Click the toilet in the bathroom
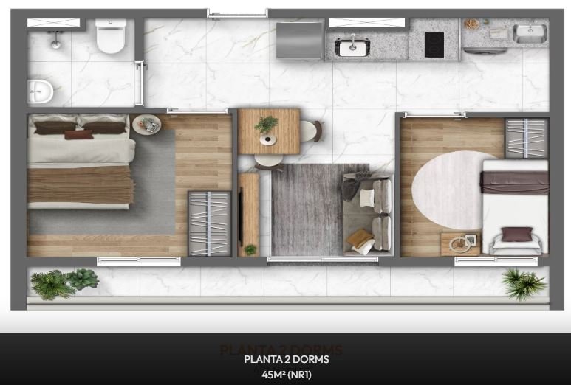coord(111,37)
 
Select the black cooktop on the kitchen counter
coord(434,45)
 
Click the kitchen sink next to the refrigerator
coord(353,47)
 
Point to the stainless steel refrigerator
coord(299,40)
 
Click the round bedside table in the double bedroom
coord(146,124)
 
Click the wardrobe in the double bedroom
coord(208,223)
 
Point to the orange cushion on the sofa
coord(360,237)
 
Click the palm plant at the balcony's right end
coord(524,282)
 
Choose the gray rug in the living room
coord(307,210)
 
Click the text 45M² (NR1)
coord(286,373)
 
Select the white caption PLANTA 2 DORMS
coord(286,360)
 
